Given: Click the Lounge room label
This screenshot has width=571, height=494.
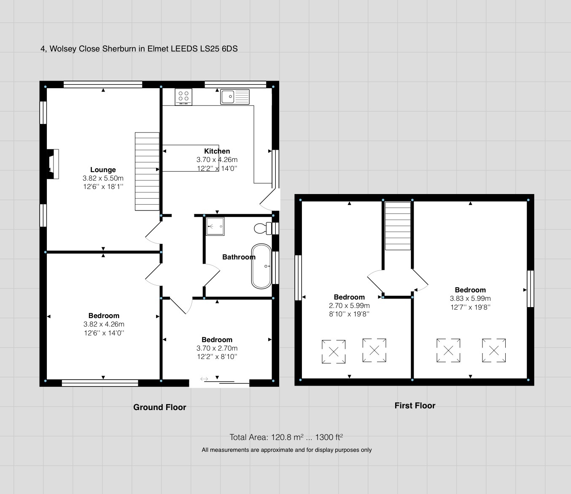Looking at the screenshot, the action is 103,170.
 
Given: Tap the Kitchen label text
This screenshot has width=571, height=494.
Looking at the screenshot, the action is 217,151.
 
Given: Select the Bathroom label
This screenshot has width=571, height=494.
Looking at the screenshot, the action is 239,257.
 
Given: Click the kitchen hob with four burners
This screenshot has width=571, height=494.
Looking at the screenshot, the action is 183,97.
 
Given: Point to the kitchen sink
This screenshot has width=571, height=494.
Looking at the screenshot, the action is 235,97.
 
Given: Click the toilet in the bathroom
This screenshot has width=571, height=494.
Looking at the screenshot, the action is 263,229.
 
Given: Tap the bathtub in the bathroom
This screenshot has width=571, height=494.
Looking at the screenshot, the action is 261,266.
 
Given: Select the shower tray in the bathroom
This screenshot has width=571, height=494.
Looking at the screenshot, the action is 215,227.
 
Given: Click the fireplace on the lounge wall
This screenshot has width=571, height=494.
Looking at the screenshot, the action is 53,164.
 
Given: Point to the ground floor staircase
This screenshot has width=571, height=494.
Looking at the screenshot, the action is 147,172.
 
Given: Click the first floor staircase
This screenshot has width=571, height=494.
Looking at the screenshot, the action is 398,226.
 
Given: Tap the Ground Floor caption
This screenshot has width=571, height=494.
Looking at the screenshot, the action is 160,407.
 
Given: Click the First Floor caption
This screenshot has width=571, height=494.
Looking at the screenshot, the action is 415,405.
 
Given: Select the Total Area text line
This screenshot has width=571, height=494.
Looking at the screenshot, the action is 286,437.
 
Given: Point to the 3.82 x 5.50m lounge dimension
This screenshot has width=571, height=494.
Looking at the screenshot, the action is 103,178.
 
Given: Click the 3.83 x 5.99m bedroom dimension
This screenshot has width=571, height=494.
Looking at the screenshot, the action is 470,298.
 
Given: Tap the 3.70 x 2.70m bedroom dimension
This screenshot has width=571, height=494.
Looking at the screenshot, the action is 217,348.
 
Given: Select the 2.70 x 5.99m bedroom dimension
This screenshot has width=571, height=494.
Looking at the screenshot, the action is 349,305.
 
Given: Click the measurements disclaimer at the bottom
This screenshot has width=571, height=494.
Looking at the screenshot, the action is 286,450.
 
